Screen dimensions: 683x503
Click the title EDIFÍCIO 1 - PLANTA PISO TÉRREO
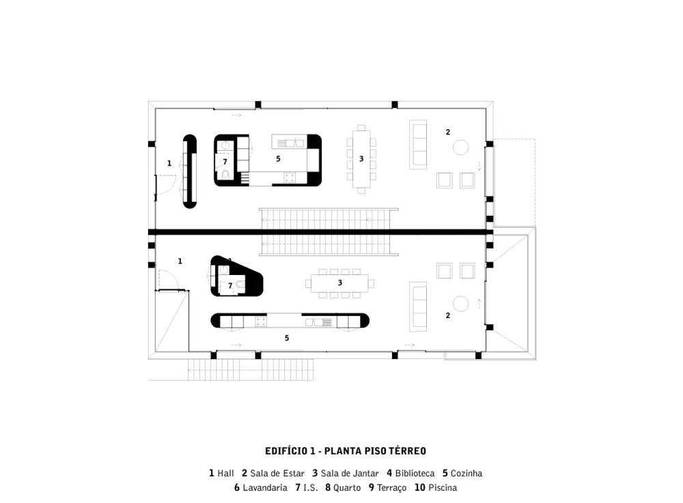346,450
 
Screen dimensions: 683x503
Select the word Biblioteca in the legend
415,474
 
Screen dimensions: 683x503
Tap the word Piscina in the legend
443,488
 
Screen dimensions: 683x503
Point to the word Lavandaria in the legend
265,488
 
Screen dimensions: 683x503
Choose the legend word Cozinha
466,474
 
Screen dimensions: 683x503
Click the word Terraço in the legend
391,488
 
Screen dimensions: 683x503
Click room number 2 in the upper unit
448,132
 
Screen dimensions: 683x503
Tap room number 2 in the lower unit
448,315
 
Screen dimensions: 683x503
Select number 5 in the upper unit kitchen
278,159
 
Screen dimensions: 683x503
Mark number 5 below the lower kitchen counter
287,338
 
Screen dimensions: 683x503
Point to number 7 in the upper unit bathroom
225,162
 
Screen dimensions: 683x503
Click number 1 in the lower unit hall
180,261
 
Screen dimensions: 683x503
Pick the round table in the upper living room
460,147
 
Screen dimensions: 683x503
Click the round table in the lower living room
460,304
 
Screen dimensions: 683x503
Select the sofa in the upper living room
418,145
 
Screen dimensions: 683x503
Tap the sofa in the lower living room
418,306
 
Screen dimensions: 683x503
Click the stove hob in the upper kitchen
290,177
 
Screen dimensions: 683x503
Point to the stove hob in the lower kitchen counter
260,321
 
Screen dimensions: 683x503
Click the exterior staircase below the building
251,370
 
